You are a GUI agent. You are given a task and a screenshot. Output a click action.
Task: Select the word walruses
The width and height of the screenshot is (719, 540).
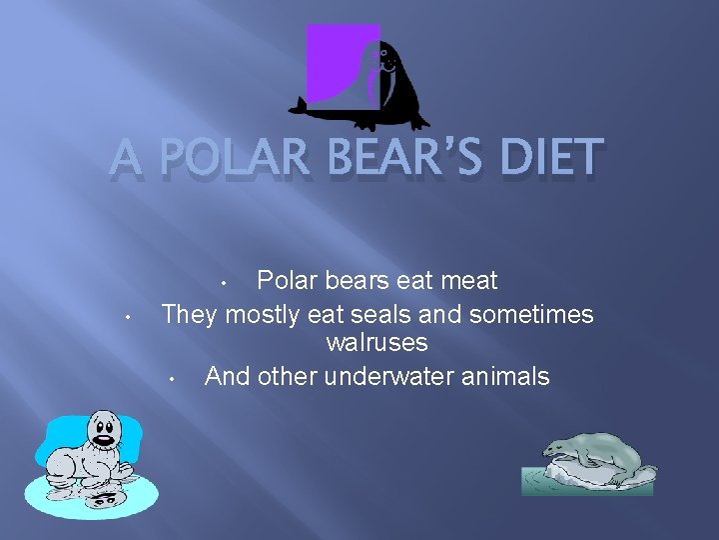[376, 343]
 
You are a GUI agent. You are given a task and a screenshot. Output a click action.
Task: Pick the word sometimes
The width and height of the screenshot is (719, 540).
[531, 314]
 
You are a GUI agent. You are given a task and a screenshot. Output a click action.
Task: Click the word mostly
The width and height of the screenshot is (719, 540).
[263, 314]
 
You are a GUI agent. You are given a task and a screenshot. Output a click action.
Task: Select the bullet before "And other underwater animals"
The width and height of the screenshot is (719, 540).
[172, 379]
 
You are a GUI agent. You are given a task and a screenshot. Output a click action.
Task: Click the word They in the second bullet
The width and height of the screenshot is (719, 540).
[190, 314]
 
